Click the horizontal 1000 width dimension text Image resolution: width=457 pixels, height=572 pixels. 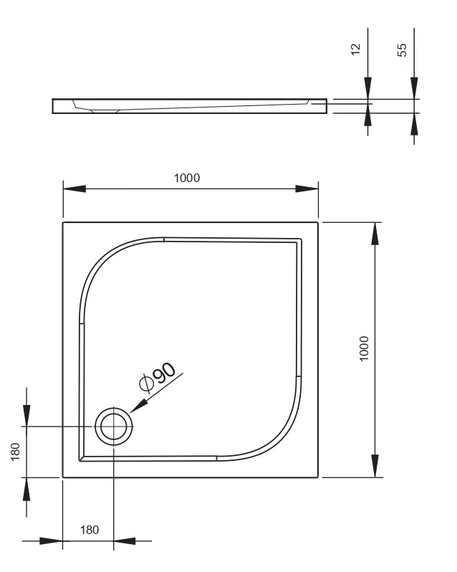coord(187,177)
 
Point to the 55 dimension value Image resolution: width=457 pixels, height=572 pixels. coord(402,49)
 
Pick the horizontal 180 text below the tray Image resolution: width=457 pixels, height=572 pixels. coord(89,530)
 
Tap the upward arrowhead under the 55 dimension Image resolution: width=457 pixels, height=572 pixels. coord(414,125)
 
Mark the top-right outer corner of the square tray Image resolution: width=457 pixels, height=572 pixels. coord(318,222)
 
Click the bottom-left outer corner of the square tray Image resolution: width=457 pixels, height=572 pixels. coord(63,477)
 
